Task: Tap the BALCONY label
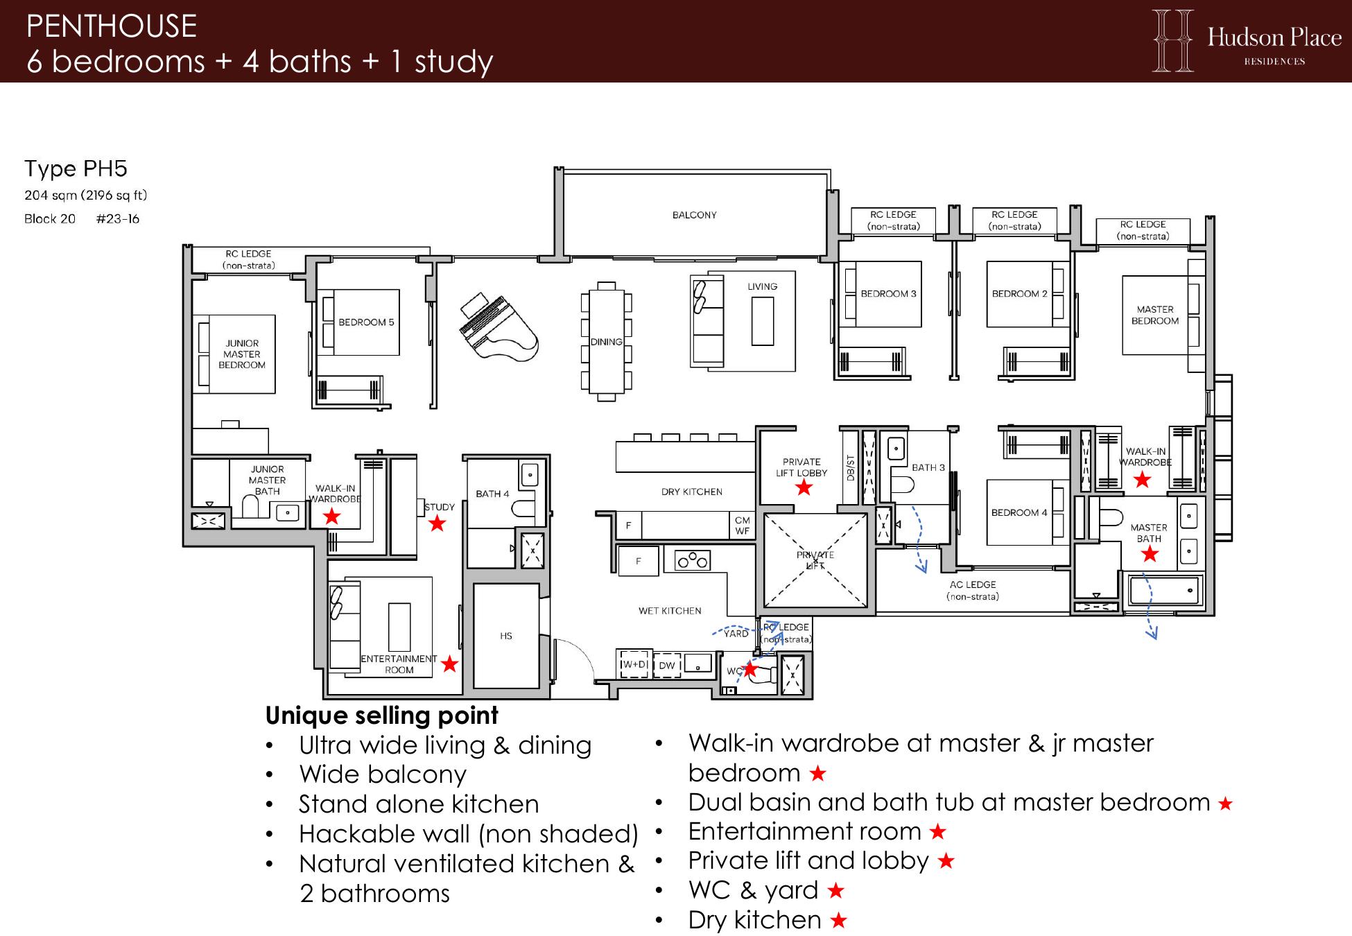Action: [x=694, y=215]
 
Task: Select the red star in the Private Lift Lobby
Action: [x=804, y=487]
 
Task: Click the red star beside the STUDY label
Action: [x=437, y=523]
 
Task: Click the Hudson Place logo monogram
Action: [x=1173, y=40]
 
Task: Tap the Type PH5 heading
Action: [x=76, y=168]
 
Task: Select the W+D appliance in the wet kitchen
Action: [x=634, y=664]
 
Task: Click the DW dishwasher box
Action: [x=667, y=665]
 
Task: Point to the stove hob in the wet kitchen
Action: [x=693, y=560]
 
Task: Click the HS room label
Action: [x=506, y=636]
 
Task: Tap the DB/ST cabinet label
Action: [x=851, y=467]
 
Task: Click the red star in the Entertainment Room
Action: [x=449, y=664]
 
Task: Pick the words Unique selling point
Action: [x=382, y=716]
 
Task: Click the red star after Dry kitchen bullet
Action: [x=839, y=921]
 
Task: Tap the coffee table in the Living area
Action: [x=763, y=321]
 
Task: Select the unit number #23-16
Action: [x=118, y=219]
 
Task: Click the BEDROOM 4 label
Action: [x=1019, y=512]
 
